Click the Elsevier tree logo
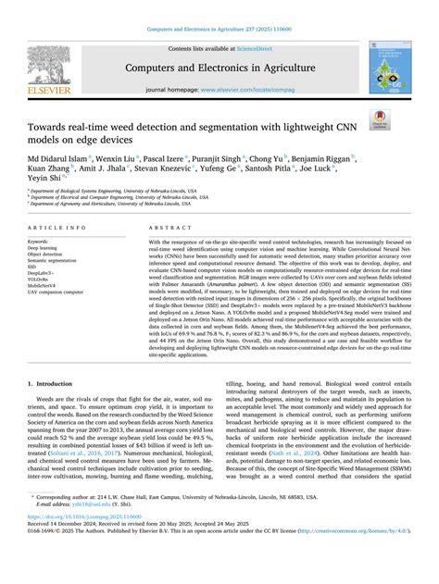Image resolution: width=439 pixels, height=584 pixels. click(x=40, y=62)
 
